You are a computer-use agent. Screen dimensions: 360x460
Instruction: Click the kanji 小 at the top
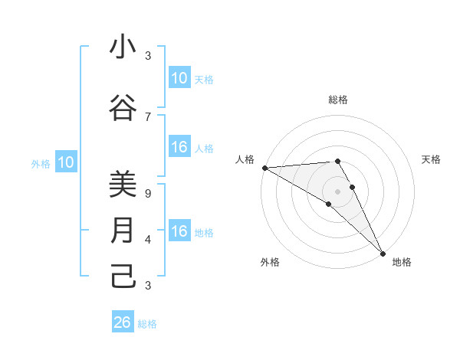[x=123, y=47]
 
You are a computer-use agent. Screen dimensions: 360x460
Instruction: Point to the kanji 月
[x=123, y=231]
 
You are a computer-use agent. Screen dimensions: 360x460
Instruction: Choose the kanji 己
[x=123, y=276]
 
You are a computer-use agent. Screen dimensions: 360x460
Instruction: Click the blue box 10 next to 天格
[x=179, y=78]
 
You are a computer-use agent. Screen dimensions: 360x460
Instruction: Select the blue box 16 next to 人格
[x=179, y=148]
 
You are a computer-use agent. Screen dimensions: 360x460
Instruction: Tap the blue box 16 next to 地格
[x=179, y=232]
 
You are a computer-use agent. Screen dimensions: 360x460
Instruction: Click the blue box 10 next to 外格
[x=66, y=162]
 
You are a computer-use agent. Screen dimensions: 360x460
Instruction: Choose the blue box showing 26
[x=123, y=322]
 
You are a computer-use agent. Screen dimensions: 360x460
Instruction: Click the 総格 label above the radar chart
[x=338, y=100]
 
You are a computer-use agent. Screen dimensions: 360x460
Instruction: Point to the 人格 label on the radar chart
[x=245, y=159]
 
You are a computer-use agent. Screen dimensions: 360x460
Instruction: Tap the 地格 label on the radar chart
[x=402, y=262]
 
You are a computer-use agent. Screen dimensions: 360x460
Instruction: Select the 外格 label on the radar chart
[x=270, y=262]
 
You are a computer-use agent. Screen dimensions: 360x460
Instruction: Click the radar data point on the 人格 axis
[x=264, y=167]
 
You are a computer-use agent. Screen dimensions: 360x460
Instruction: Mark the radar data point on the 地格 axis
[x=383, y=253]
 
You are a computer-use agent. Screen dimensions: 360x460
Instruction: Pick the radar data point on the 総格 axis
[x=338, y=161]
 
